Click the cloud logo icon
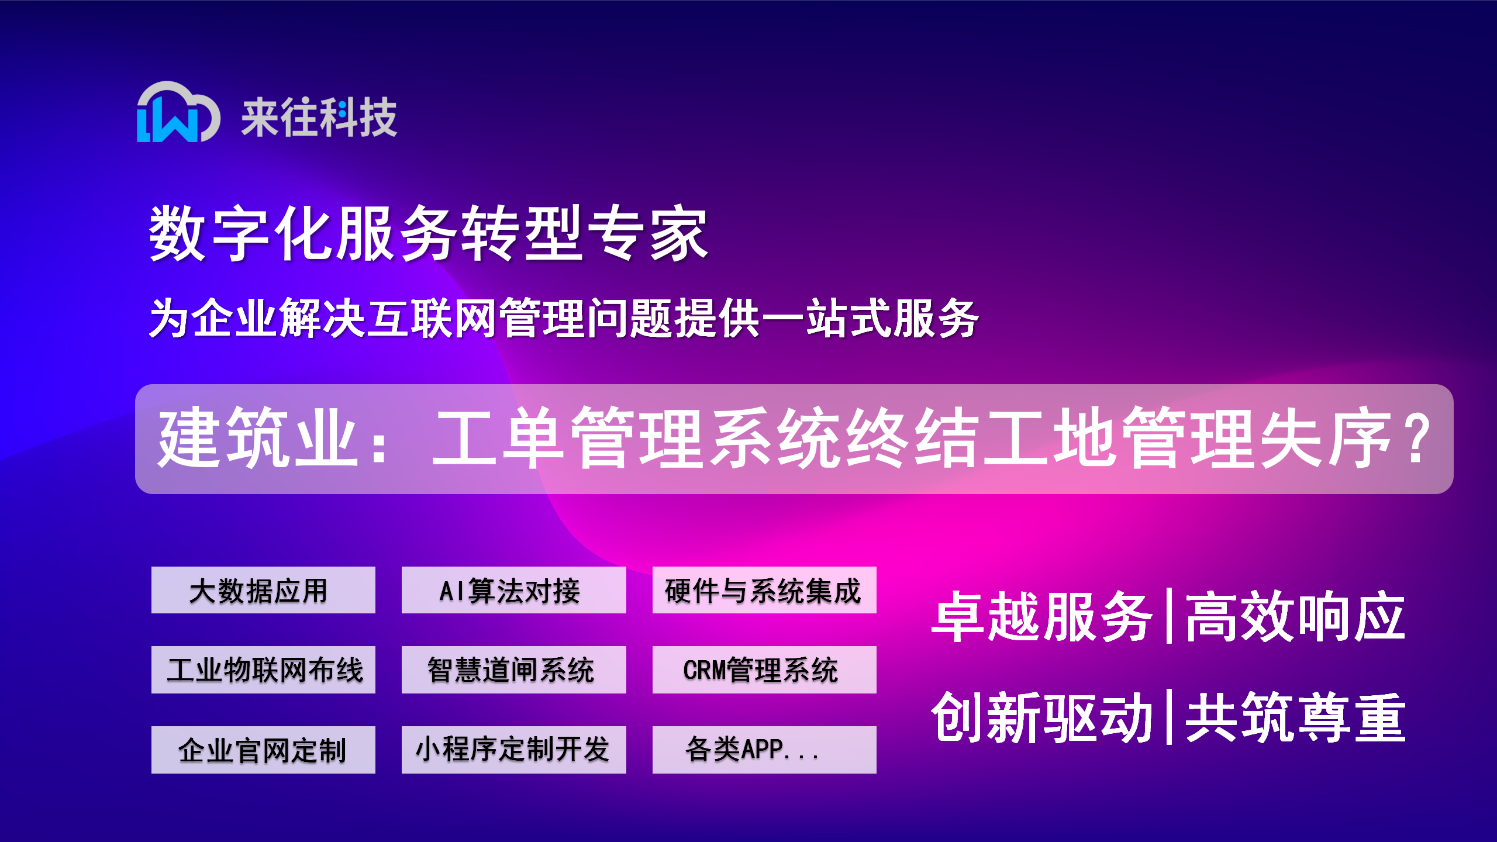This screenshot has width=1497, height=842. [x=178, y=112]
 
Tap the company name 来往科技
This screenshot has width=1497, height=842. [x=319, y=118]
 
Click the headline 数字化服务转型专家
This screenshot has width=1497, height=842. [x=429, y=233]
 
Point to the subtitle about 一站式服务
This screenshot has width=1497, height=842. [x=564, y=318]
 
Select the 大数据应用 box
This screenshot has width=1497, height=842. [x=263, y=590]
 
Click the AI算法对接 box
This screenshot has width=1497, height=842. [x=513, y=590]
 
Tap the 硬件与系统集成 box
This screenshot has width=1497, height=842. [x=764, y=590]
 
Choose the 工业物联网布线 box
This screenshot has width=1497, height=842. [x=263, y=670]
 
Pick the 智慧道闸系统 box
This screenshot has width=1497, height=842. [x=513, y=670]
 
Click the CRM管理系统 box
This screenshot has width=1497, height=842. [x=764, y=670]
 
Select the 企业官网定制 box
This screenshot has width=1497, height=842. [x=263, y=750]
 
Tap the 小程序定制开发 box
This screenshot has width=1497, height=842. [x=513, y=750]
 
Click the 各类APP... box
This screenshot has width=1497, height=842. [x=764, y=750]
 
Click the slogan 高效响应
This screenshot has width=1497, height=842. [x=1295, y=617]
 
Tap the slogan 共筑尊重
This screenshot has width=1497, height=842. [x=1295, y=717]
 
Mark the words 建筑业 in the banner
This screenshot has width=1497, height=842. [x=258, y=439]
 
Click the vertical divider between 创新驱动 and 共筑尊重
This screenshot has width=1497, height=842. [x=1169, y=717]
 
